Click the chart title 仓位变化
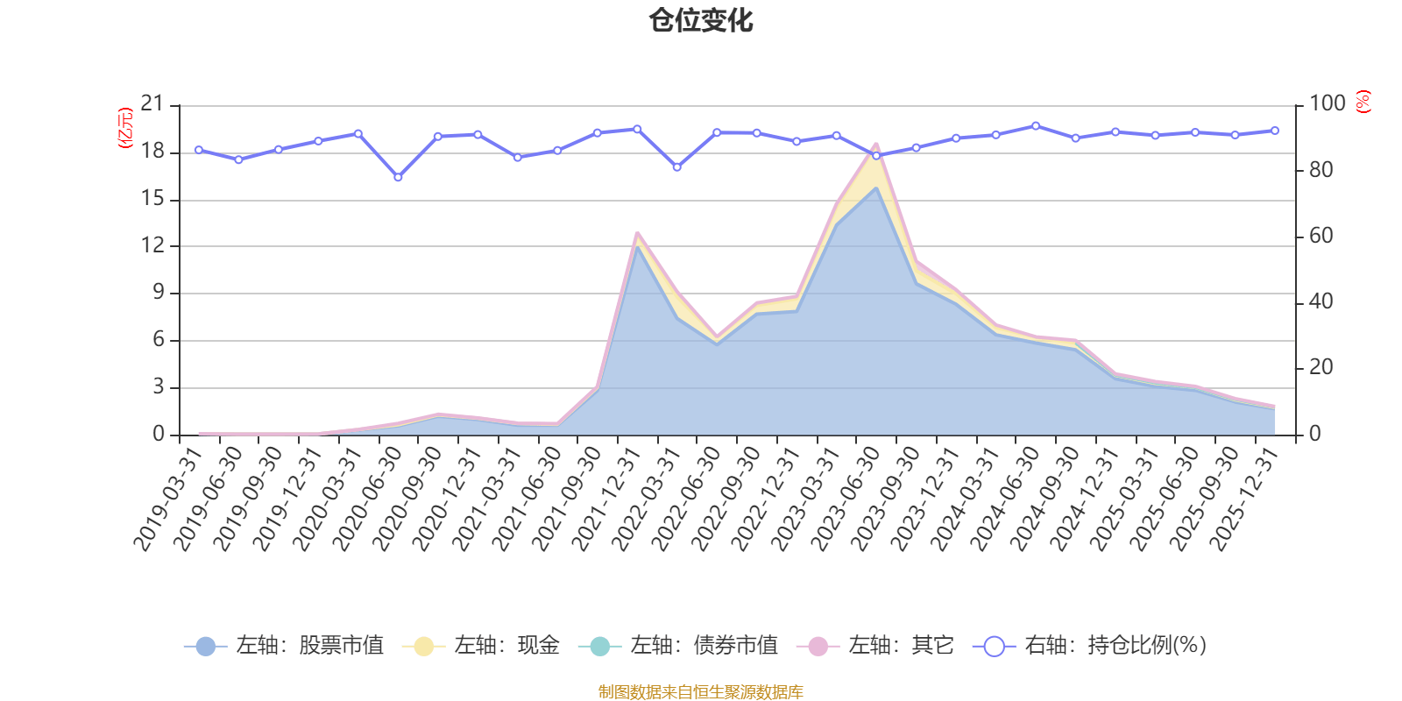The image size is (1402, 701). [x=701, y=20]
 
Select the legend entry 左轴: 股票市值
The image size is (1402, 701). [x=285, y=646]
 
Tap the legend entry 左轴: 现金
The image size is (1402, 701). [x=481, y=646]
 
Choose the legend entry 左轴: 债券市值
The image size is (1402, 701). [x=678, y=646]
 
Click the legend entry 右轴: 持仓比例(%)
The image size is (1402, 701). [x=1091, y=646]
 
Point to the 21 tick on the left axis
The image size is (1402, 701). [x=152, y=104]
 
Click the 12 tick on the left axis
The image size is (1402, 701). [x=152, y=245]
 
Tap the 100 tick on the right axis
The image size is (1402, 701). [x=1327, y=104]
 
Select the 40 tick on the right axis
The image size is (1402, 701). [x=1321, y=302]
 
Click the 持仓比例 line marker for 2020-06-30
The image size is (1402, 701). [x=398, y=177]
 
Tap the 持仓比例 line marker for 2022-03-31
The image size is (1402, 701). [x=676, y=166]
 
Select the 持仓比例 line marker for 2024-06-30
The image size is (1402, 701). [x=1036, y=125]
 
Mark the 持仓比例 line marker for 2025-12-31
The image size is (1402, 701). [x=1275, y=131]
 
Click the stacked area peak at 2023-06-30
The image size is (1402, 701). [x=875, y=145]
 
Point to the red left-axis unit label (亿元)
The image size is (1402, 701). [x=125, y=128]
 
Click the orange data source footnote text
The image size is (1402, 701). [x=700, y=692]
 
